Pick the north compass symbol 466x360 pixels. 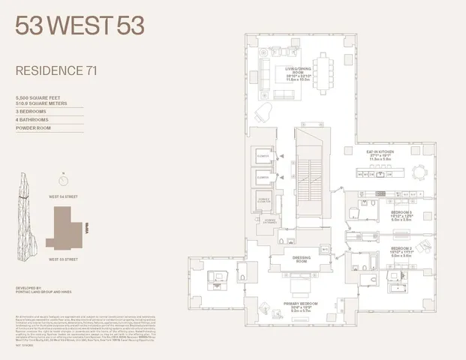coord(62,179)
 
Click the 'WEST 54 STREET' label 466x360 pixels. coord(64,196)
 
